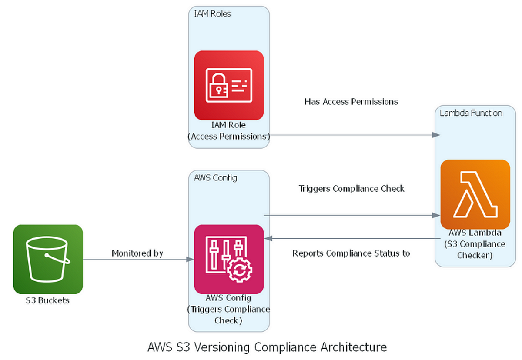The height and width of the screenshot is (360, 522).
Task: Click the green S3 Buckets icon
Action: (48, 259)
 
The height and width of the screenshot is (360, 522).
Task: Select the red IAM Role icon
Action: (229, 85)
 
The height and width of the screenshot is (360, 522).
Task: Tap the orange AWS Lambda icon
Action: (475, 194)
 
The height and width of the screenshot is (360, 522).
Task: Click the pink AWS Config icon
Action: (229, 259)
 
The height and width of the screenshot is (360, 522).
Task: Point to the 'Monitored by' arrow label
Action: (137, 253)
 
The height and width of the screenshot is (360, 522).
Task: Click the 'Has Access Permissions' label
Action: (351, 102)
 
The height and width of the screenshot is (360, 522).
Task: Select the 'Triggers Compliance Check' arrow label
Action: (351, 189)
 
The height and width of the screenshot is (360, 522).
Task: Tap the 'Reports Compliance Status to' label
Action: (351, 253)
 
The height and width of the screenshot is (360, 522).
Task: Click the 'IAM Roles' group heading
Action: (212, 14)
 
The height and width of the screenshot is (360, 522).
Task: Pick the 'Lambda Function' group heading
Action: (471, 113)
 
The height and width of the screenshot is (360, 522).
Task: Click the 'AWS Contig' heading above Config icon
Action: (215, 178)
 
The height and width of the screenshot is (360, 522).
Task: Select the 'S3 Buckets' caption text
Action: (48, 300)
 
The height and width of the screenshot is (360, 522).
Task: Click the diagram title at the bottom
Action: (267, 347)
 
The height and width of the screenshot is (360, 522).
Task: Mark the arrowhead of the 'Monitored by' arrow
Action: (190, 259)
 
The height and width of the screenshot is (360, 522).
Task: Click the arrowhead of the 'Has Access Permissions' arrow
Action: (436, 135)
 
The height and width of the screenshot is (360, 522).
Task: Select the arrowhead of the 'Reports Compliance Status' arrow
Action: (268, 238)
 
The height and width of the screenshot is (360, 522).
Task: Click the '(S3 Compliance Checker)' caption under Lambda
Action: (475, 250)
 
